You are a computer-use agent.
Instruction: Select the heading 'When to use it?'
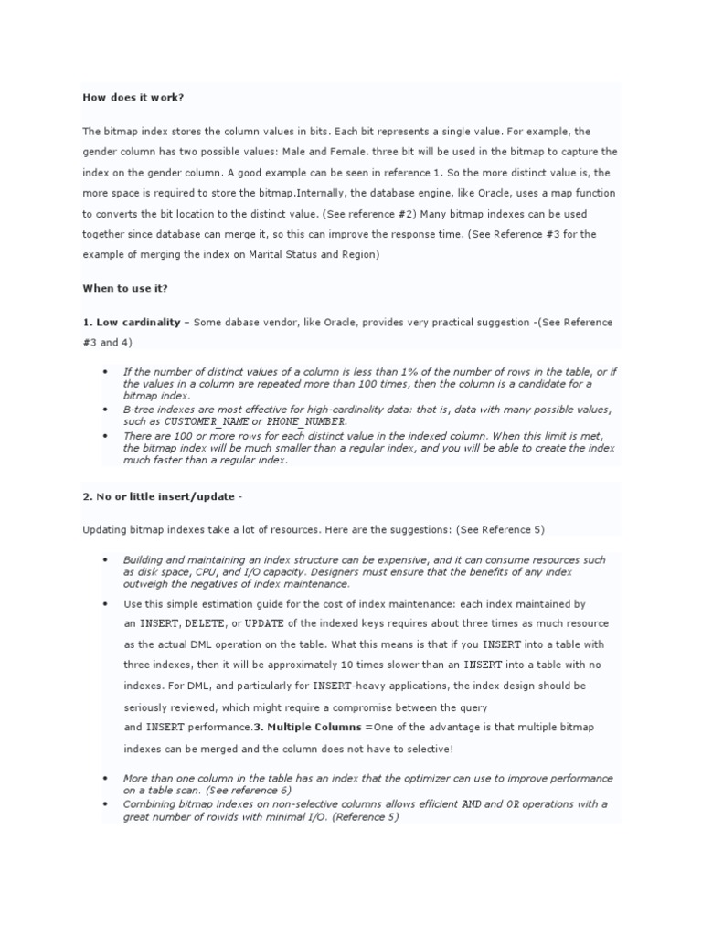point(125,288)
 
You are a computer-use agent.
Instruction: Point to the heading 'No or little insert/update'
point(160,495)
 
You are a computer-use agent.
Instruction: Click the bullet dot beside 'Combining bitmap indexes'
point(105,803)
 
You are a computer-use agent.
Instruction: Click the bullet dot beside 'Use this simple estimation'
point(105,604)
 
